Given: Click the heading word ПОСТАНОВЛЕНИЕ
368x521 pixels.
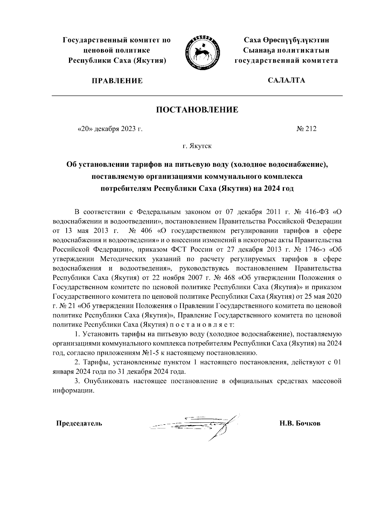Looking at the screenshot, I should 197,110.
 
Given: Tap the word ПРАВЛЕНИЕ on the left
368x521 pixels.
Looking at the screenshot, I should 116,81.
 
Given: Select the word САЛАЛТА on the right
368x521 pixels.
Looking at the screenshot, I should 286,80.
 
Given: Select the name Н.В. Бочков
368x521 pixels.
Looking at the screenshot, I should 300,424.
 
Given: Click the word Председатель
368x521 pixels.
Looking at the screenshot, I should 79,424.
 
